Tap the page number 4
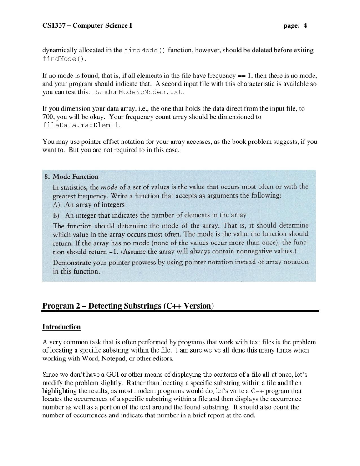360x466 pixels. [x=305, y=25]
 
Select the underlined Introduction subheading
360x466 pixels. [x=61, y=327]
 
